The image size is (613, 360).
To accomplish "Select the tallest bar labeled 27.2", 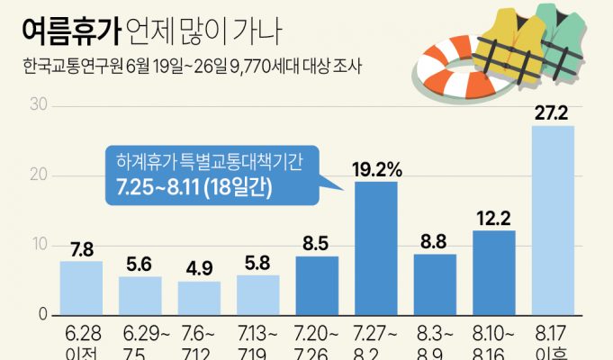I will [553, 220].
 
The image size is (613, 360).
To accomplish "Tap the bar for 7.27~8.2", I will [376, 247].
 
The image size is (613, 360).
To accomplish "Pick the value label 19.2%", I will [376, 168].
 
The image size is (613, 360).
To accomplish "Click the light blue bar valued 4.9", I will [199, 298].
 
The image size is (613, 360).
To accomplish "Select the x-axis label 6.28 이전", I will [81, 345].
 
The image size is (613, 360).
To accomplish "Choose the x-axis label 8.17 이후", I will [553, 345].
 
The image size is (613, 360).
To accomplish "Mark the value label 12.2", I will [494, 217].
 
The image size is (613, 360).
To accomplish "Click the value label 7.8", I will [81, 248].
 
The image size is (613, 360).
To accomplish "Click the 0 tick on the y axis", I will [41, 314].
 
